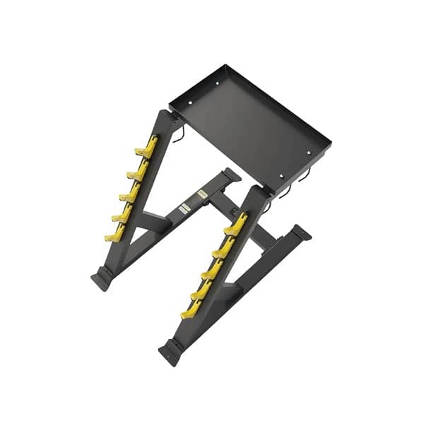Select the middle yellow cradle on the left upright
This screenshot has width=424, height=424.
130,192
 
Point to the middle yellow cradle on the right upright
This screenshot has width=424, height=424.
213,269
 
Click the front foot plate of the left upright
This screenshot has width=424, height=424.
101,278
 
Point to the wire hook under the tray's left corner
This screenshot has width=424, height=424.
181,134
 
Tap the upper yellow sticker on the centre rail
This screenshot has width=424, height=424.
202,192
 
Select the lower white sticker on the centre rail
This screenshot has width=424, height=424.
187,207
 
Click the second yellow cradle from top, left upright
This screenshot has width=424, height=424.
139,170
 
